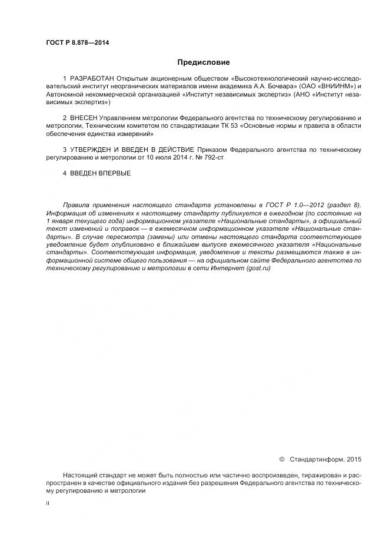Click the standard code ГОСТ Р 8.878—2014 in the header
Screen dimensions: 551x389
pyautogui.click(x=77, y=43)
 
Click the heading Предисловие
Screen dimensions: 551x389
pyautogui.click(x=204, y=62)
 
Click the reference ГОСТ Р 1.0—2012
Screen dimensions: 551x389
pyautogui.click(x=281, y=205)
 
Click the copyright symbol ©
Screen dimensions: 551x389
pyautogui.click(x=281, y=459)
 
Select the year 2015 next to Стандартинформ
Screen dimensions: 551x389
pyautogui.click(x=354, y=459)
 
